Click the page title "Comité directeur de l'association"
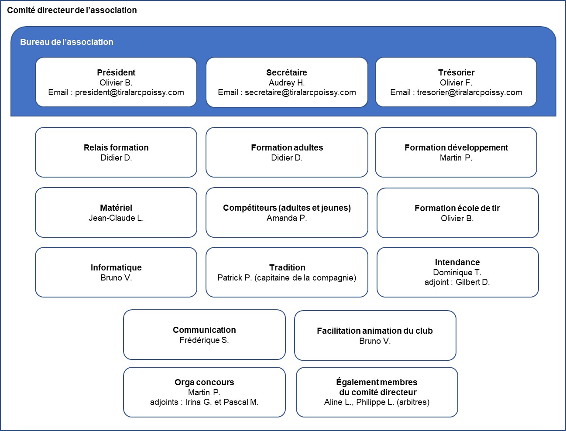click(72, 10)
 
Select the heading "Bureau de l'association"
click(66, 42)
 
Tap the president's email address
click(130, 92)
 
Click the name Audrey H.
click(287, 83)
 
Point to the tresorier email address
click(470, 92)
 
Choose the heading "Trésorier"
click(456, 72)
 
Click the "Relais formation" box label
click(116, 147)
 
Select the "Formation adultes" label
click(287, 147)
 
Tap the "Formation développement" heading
click(456, 148)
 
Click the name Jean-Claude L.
click(116, 218)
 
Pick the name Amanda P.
click(287, 218)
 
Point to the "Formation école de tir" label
click(457, 208)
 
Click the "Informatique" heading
click(116, 267)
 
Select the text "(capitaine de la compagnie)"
click(305, 278)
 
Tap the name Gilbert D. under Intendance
click(473, 282)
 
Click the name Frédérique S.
click(204, 340)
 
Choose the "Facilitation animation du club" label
click(375, 331)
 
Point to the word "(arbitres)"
click(413, 402)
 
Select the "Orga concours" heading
click(204, 382)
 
